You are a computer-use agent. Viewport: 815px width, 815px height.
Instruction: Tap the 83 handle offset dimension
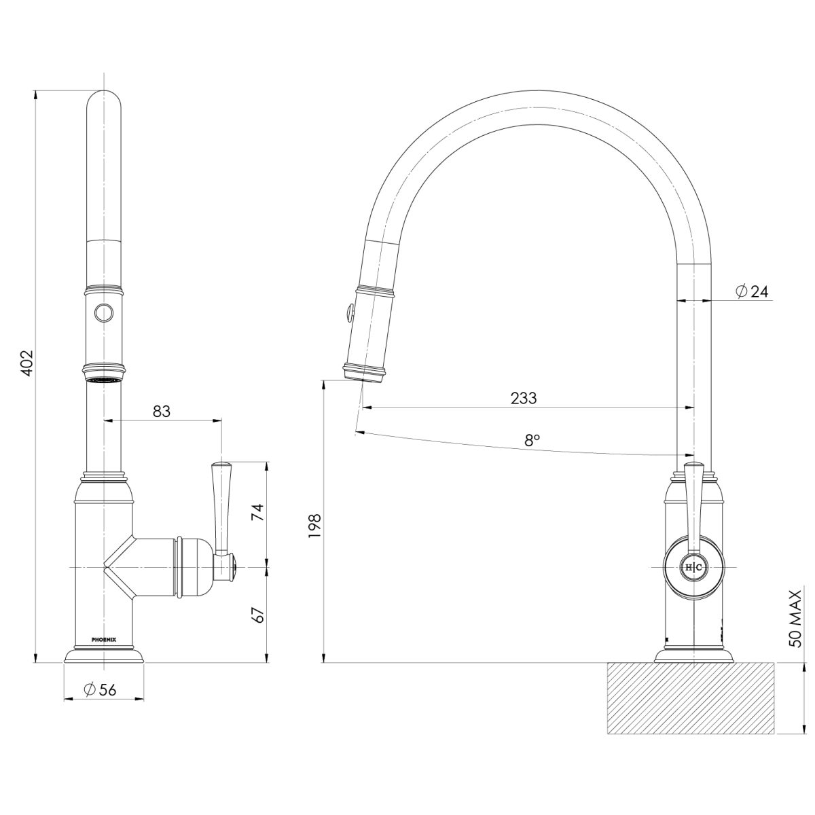pos(162,411)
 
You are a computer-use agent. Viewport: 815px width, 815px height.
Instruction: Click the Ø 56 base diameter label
pos(101,689)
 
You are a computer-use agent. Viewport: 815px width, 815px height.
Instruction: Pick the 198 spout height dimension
pos(314,526)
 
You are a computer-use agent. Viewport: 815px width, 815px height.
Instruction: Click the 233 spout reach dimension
pos(524,397)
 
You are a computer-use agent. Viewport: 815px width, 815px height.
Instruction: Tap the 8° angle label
pos(532,439)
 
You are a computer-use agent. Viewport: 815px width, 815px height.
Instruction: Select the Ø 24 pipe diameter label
pos(751,291)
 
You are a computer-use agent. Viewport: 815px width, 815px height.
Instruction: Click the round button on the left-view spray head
pos(104,313)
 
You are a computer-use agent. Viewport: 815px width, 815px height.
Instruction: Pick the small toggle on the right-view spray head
pos(348,313)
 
